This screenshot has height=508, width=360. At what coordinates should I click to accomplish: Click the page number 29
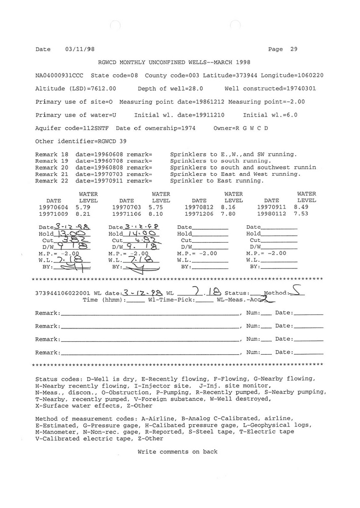[x=294, y=49]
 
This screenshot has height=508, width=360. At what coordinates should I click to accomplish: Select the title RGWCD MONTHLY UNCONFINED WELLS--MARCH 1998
[x=174, y=63]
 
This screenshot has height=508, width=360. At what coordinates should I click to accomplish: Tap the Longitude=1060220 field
[x=292, y=76]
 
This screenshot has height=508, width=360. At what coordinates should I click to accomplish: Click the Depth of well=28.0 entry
[x=170, y=89]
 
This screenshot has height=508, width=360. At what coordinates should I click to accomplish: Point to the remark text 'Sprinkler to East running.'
[x=216, y=181]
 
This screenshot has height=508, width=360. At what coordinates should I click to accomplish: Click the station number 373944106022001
[x=62, y=293]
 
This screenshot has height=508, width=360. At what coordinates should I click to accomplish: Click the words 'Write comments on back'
[x=177, y=451]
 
